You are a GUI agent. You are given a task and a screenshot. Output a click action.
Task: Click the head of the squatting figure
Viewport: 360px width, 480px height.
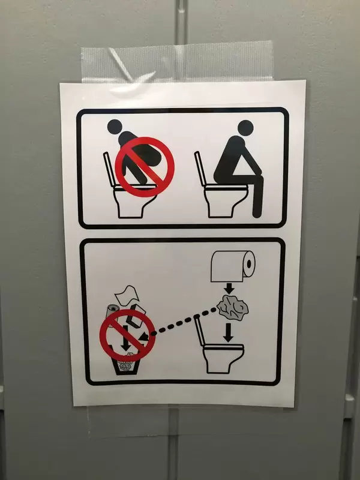point(115,127)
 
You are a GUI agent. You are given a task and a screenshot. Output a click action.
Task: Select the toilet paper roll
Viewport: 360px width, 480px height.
point(233,265)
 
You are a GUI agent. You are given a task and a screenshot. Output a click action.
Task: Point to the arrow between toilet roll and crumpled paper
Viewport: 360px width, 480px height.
point(228,287)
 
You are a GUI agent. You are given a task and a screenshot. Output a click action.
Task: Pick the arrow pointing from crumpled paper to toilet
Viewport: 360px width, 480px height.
point(228,333)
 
